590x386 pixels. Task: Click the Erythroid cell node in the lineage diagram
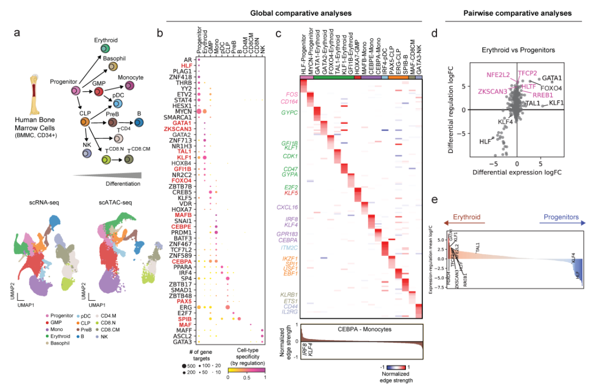[104, 50]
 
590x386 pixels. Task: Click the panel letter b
[160, 33]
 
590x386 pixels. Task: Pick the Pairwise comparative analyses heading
[517, 12]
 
